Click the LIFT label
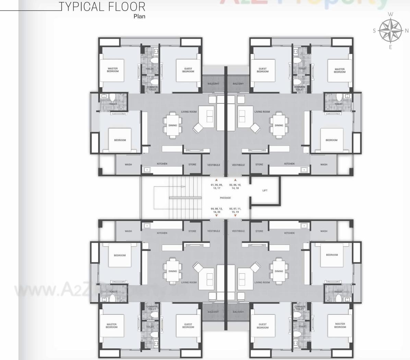[265, 190]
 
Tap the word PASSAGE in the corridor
[225, 198]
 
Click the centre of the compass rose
[391, 30]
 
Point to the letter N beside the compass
[407, 31]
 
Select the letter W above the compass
[391, 14]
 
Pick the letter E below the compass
[390, 47]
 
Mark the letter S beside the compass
[374, 31]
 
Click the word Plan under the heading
[139, 16]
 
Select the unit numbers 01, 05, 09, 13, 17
[216, 187]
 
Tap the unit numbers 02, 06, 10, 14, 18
[235, 187]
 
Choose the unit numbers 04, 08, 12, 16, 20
[216, 210]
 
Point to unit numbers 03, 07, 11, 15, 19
[235, 210]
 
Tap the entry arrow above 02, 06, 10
[235, 180]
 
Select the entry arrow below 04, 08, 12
[216, 215]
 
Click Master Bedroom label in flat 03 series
[340, 325]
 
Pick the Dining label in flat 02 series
[279, 125]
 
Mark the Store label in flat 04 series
[192, 231]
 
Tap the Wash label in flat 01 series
[128, 165]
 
